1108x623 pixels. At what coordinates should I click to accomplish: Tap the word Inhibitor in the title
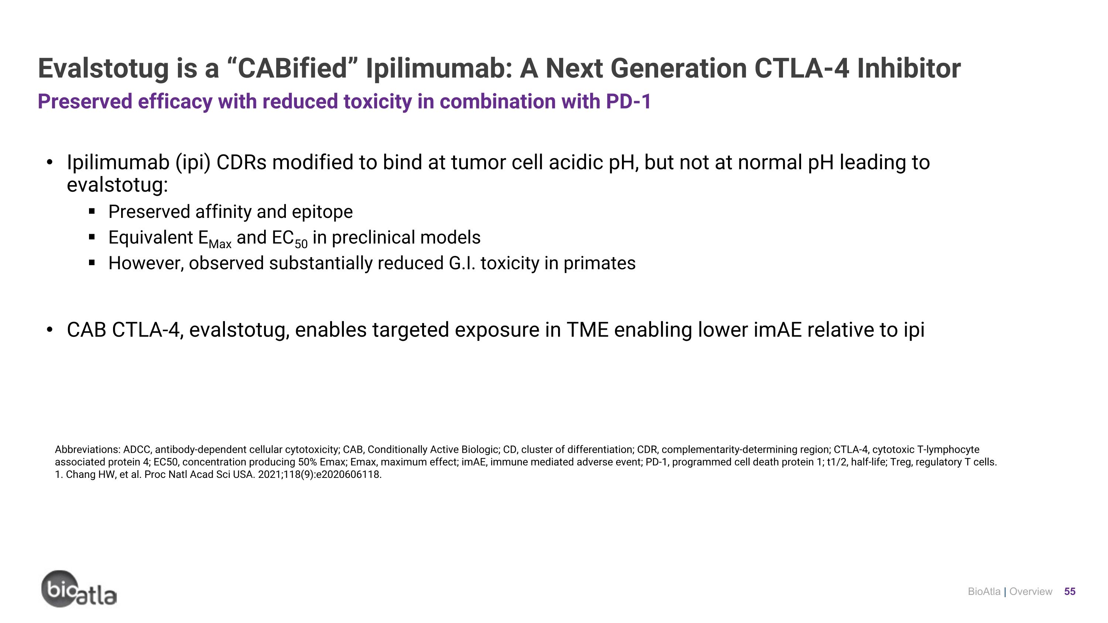[909, 69]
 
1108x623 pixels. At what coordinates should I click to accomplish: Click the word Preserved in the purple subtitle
[85, 102]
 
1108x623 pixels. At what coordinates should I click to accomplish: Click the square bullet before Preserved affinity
[92, 212]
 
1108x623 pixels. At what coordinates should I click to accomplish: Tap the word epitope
[322, 212]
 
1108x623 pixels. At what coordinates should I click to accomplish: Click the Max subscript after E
[220, 244]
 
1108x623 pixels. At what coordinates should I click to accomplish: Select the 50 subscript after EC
[301, 244]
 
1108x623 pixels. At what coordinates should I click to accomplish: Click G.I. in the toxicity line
[462, 263]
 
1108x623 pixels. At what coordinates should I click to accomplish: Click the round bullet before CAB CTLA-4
[50, 330]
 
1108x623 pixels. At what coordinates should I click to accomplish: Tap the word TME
[587, 330]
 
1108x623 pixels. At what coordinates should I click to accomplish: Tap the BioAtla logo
[79, 589]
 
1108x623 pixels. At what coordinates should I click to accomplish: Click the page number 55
[1070, 592]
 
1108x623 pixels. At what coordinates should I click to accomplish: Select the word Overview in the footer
[1030, 592]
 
